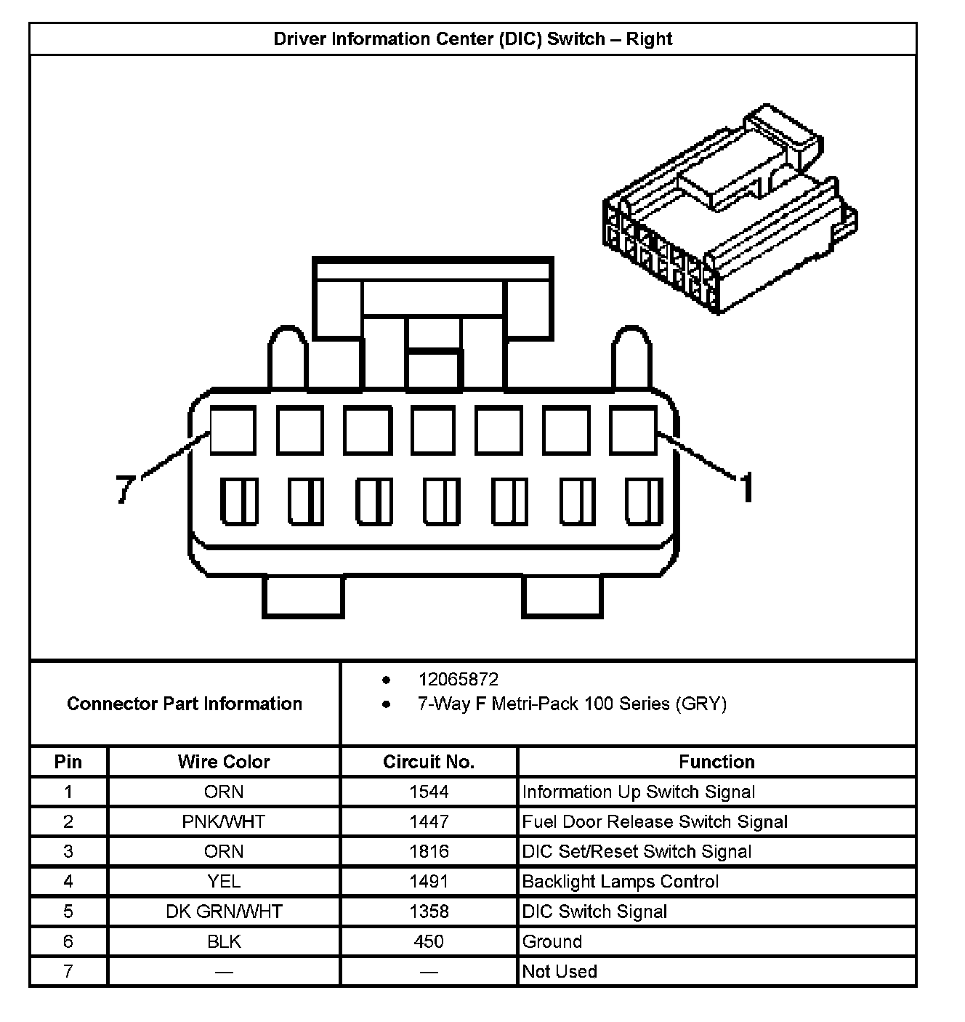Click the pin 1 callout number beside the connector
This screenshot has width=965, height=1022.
pos(746,487)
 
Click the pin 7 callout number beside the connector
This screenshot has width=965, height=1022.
pos(126,488)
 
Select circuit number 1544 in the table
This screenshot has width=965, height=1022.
pos(429,792)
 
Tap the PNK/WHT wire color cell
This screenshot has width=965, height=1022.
pos(224,821)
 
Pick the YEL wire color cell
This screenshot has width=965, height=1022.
pos(224,881)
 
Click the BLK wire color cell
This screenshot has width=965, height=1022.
pos(224,941)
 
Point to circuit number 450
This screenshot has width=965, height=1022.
pos(429,941)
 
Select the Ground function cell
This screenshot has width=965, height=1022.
pos(552,941)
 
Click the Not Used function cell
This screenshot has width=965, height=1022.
pos(560,971)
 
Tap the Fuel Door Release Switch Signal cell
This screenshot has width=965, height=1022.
pos(655,821)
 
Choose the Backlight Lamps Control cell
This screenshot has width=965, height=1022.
pos(621,881)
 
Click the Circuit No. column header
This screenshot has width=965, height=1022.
pos(429,762)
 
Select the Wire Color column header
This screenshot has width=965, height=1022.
pos(224,762)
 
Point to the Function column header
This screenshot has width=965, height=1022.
pos(716,762)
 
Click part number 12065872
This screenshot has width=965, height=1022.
pos(458,680)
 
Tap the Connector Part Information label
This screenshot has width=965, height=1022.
pos(185,704)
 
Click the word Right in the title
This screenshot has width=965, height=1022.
pos(649,39)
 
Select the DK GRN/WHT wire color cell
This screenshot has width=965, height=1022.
pos(224,912)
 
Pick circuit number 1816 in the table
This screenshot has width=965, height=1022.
pos(429,851)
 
